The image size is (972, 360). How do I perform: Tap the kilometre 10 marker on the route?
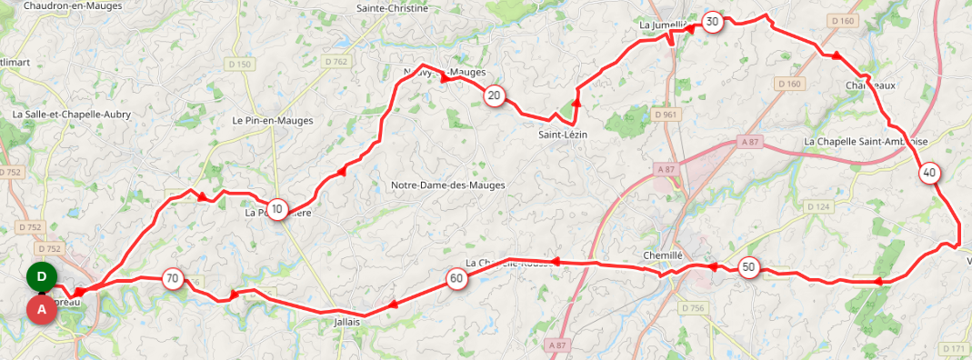click(x=277, y=210)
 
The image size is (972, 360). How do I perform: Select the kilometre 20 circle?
click(x=494, y=95)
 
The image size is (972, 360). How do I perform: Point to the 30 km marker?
click(x=712, y=22)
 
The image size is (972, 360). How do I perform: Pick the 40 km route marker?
click(x=929, y=174)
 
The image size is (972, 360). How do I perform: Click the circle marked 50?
click(x=748, y=267)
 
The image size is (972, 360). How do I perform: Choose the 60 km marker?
click(x=456, y=279)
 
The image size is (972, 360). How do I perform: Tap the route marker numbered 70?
click(x=172, y=278)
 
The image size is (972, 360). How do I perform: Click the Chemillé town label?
click(x=662, y=255)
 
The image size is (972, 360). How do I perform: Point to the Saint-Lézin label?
click(x=564, y=135)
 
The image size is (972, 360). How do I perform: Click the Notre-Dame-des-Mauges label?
click(x=447, y=185)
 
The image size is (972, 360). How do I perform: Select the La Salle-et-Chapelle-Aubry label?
click(x=72, y=115)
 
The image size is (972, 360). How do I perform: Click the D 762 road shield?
click(x=336, y=62)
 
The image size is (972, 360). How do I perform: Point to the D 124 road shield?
click(x=818, y=207)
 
